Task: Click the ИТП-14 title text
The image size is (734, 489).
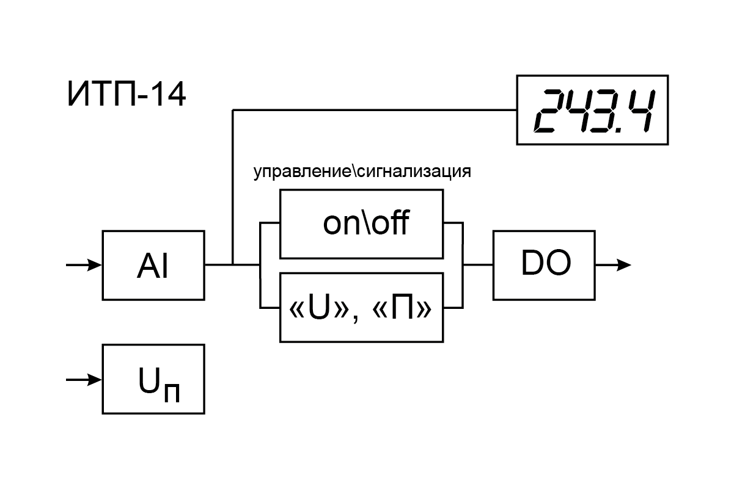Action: point(127,95)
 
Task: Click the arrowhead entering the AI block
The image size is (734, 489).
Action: point(95,265)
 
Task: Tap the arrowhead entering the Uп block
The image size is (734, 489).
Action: point(95,380)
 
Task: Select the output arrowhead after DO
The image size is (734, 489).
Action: point(624,265)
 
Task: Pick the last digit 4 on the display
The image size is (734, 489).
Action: point(642,110)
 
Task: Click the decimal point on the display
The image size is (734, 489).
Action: point(619,129)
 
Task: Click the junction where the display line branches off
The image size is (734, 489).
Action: point(233,264)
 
